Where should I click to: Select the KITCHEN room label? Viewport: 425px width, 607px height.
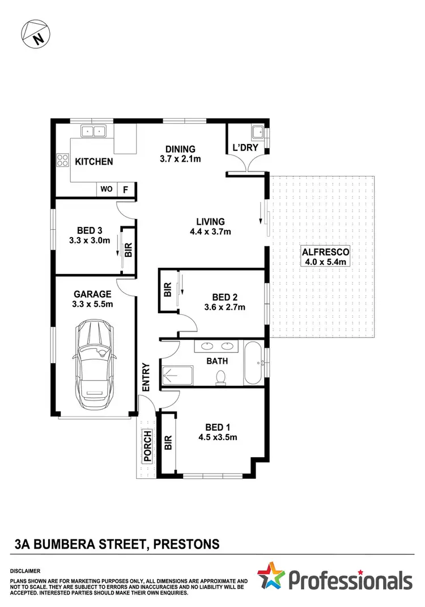tap(94, 162)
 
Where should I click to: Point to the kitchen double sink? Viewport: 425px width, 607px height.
tap(94, 131)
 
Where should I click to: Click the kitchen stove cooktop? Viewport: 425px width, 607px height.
tap(61, 161)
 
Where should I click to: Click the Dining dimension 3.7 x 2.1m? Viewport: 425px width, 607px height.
tap(181, 159)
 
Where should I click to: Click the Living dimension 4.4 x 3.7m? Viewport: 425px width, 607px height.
tap(210, 231)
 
